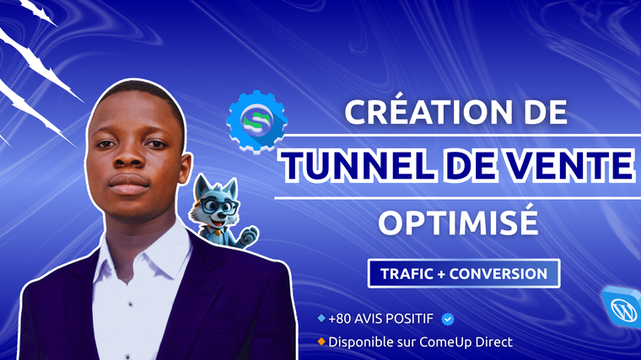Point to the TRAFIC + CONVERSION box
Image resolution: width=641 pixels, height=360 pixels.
464,273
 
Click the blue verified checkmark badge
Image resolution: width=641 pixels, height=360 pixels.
448,319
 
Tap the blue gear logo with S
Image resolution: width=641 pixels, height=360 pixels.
256,121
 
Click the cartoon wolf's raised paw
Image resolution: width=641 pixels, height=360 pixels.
250,236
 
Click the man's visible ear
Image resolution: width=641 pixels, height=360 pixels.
185,169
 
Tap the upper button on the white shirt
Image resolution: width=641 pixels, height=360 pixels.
130,304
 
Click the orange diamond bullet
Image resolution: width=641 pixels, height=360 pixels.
321,341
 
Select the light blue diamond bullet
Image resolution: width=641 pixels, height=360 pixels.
321,318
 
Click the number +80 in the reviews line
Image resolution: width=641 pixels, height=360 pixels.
339,319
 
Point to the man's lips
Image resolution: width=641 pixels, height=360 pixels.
128,184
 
